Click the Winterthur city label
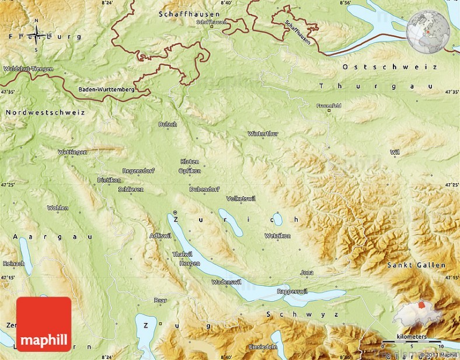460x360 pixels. [263, 134]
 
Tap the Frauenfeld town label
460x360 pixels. [329, 106]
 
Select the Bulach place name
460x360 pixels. [167, 124]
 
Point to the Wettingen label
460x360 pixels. [72, 152]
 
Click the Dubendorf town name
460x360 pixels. [204, 189]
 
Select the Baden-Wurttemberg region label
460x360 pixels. [107, 90]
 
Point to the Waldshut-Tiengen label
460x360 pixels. [29, 69]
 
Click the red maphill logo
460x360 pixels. [44, 324]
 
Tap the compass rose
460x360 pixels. [36, 36]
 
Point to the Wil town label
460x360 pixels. [395, 152]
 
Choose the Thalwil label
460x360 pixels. [182, 254]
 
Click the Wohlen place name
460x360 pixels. [58, 208]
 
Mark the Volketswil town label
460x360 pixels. [241, 198]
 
